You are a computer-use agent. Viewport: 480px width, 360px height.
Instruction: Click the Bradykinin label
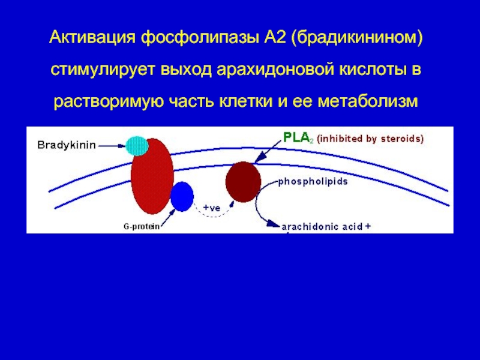(x=67, y=145)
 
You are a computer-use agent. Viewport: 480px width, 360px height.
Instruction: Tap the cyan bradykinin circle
(x=137, y=146)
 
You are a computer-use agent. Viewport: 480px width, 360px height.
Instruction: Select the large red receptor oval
(x=152, y=176)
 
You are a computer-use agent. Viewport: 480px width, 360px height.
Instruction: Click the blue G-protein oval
(x=182, y=197)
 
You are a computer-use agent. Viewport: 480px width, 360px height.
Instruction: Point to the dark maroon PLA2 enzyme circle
(x=244, y=182)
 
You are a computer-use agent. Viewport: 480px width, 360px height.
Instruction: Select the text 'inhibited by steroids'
(x=370, y=139)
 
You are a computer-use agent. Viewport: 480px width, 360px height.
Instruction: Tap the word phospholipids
(x=313, y=182)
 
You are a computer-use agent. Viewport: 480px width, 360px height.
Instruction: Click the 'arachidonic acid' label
(x=322, y=227)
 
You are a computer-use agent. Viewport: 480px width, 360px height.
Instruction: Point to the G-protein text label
(x=142, y=227)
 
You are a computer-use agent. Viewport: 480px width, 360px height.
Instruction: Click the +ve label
(x=212, y=208)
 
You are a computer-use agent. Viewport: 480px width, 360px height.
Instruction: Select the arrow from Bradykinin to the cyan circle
(x=112, y=146)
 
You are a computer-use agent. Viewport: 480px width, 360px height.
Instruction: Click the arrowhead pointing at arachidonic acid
(x=274, y=224)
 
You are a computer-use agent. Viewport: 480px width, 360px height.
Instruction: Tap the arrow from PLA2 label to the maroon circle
(x=268, y=151)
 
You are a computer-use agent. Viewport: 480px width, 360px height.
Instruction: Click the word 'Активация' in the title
(x=92, y=38)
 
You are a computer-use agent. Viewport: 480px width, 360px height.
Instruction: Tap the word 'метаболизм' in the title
(x=367, y=101)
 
